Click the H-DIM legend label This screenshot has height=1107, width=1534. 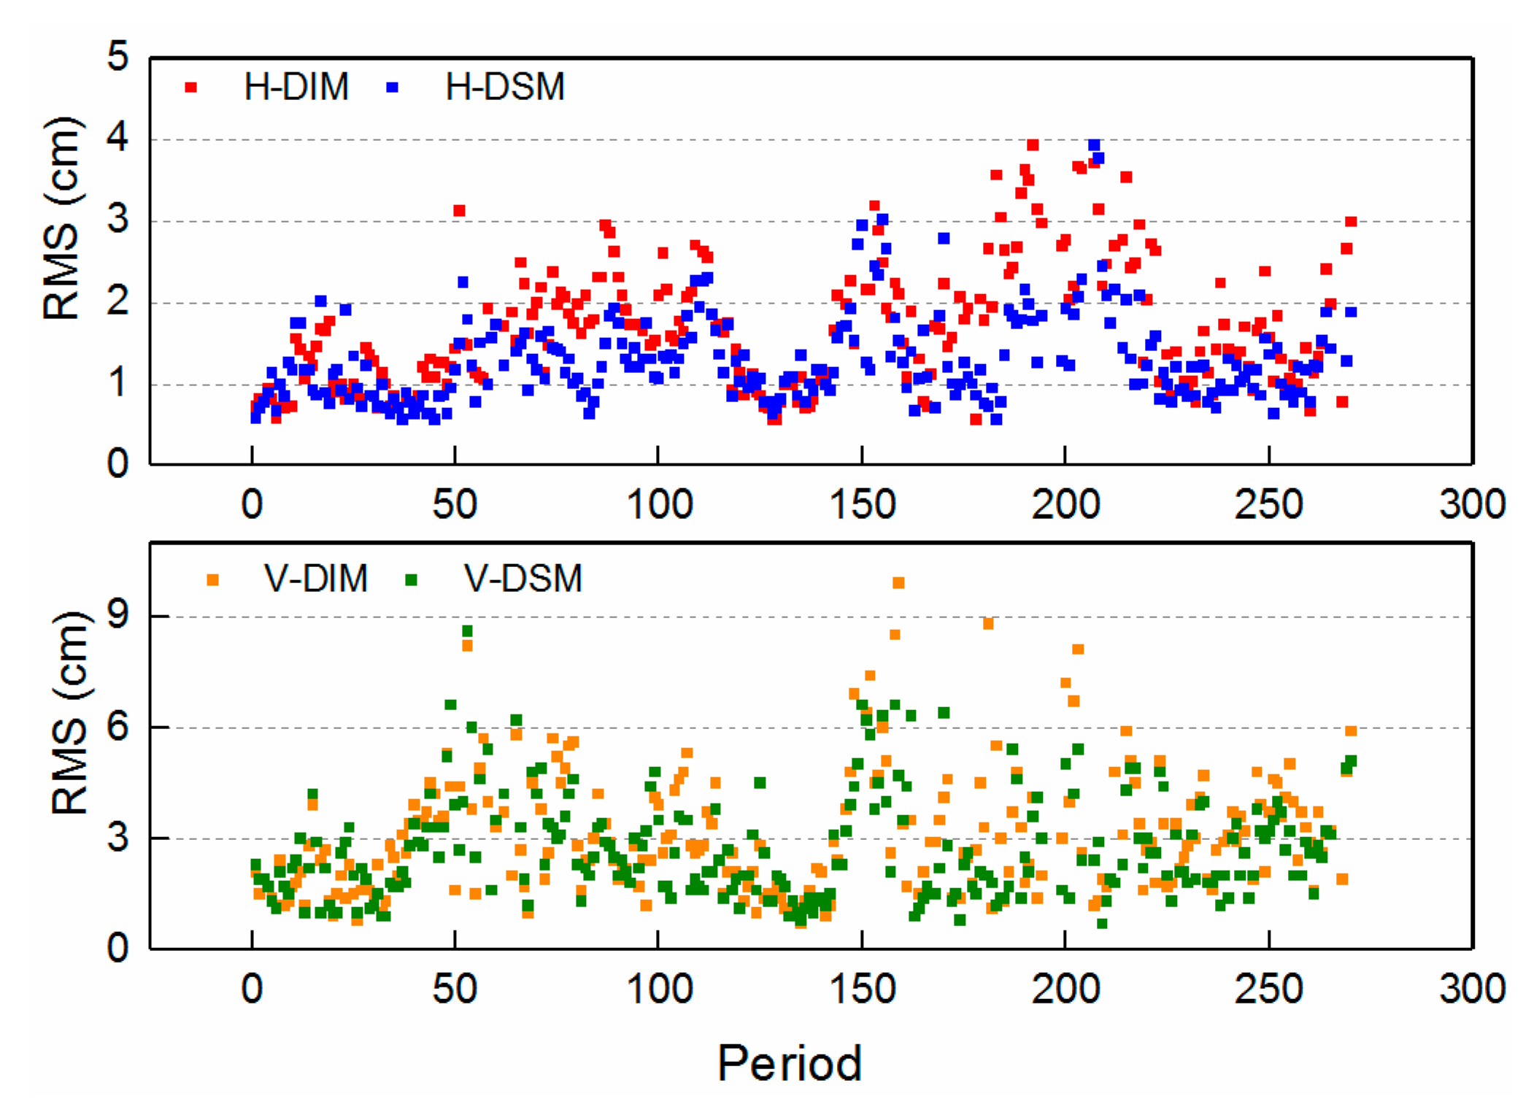pyautogui.click(x=296, y=87)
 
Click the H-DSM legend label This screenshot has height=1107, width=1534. pyautogui.click(x=504, y=87)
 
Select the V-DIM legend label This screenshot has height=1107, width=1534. pyautogui.click(x=315, y=579)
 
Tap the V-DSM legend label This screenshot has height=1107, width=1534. pyautogui.click(x=523, y=579)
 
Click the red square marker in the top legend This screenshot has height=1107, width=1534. pyautogui.click(x=191, y=88)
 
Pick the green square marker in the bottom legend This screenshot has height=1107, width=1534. pyautogui.click(x=412, y=579)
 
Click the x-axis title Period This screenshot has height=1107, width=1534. pyautogui.click(x=789, y=1063)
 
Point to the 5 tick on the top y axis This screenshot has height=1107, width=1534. pyautogui.click(x=117, y=56)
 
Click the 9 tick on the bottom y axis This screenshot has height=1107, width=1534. pyautogui.click(x=117, y=614)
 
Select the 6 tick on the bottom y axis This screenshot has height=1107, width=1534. pyautogui.click(x=117, y=726)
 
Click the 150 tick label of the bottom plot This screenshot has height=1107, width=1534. pyautogui.click(x=862, y=990)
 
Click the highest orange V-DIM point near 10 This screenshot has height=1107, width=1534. pyautogui.click(x=898, y=582)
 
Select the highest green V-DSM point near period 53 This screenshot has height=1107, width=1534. pyautogui.click(x=467, y=630)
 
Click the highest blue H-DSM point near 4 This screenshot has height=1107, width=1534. pyautogui.click(x=1093, y=145)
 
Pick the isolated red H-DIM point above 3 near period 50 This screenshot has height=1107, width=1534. pyautogui.click(x=459, y=210)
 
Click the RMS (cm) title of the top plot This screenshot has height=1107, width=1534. pyautogui.click(x=61, y=219)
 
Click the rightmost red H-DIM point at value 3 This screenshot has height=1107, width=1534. pyautogui.click(x=1350, y=221)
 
